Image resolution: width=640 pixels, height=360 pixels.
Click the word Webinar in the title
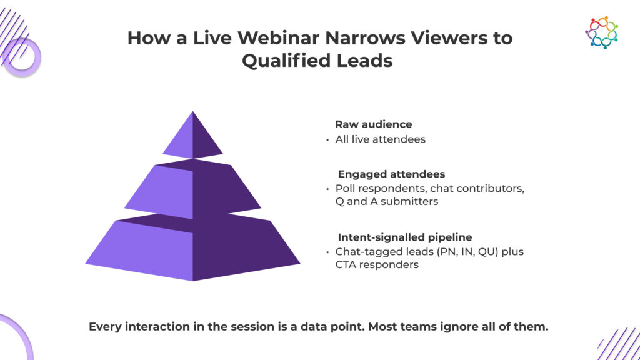coord(278,38)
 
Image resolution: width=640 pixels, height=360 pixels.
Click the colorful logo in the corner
coord(602,32)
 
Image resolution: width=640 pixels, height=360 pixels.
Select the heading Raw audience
coord(374,124)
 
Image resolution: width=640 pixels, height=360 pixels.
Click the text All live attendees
coord(381,139)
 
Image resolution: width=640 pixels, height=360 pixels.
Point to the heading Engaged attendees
coord(391,174)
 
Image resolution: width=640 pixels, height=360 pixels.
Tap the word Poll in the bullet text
coord(343,189)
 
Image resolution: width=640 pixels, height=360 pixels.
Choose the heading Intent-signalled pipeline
coord(405,237)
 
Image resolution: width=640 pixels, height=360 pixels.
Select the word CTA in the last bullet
coord(346,265)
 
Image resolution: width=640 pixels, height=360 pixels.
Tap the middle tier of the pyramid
coord(192,189)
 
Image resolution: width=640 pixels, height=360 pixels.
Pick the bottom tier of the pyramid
coord(192,247)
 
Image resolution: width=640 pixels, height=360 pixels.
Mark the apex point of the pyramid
coord(192,111)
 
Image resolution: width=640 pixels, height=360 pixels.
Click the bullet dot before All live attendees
coord(327,140)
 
